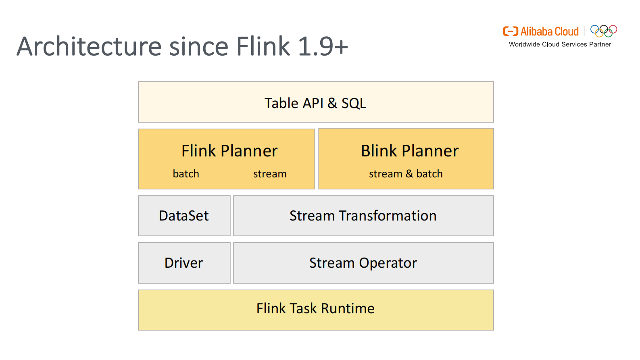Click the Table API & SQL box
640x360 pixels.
pyautogui.click(x=316, y=102)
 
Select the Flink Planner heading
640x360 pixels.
pyautogui.click(x=229, y=151)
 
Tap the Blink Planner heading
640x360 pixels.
pyautogui.click(x=410, y=151)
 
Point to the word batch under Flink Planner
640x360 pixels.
pyautogui.click(x=186, y=174)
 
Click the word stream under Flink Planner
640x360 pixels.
pyautogui.click(x=270, y=174)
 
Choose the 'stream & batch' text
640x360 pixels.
pyautogui.click(x=406, y=174)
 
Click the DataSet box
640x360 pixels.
pyautogui.click(x=184, y=216)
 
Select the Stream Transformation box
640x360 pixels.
pyautogui.click(x=363, y=216)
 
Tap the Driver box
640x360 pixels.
pyautogui.click(x=184, y=263)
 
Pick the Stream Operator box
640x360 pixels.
pyautogui.click(x=363, y=263)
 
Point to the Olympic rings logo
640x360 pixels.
pyautogui.click(x=604, y=31)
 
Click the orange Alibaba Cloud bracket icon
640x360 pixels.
pyautogui.click(x=511, y=31)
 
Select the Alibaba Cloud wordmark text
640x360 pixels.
pyautogui.click(x=550, y=31)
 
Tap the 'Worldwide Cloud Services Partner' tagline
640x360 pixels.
pyautogui.click(x=560, y=44)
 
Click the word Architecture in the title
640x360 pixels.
pyautogui.click(x=89, y=46)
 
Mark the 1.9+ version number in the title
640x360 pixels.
pyautogui.click(x=323, y=46)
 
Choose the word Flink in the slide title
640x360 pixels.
pyautogui.click(x=263, y=46)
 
